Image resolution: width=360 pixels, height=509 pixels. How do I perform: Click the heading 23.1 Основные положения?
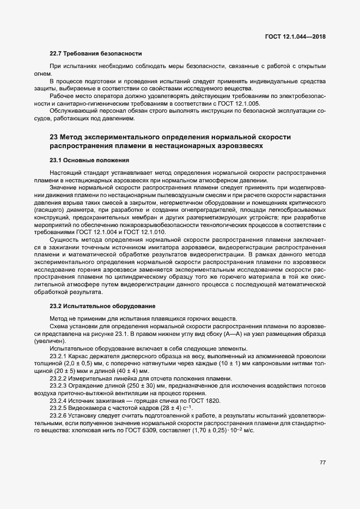pyautogui.click(x=89, y=160)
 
